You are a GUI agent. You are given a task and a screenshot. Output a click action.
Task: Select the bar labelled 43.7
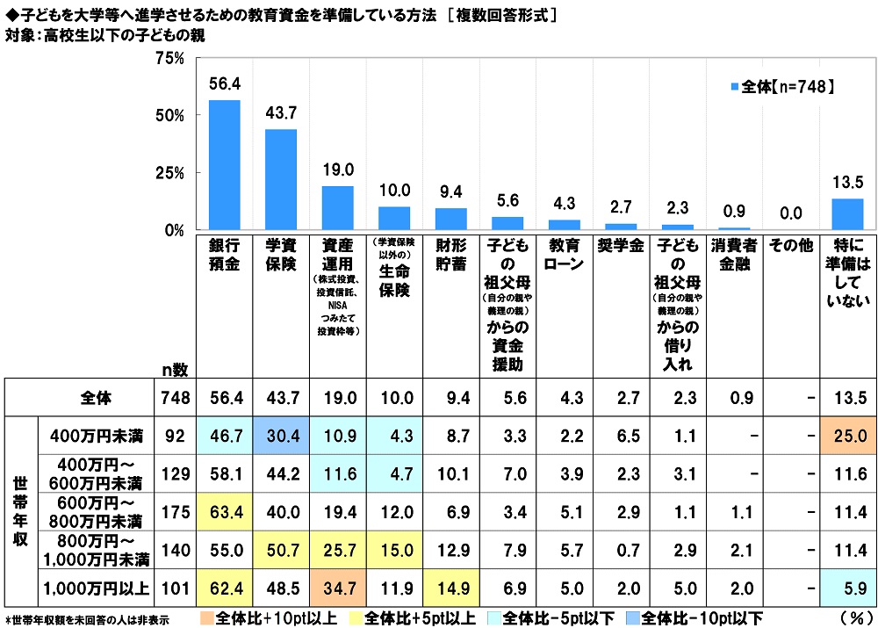pyautogui.click(x=281, y=179)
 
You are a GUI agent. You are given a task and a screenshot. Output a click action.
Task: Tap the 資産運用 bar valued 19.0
pyautogui.click(x=337, y=208)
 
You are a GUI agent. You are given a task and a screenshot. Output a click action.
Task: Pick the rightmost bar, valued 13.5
pyautogui.click(x=846, y=214)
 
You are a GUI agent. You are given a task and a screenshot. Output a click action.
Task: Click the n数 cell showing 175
pyautogui.click(x=175, y=509)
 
